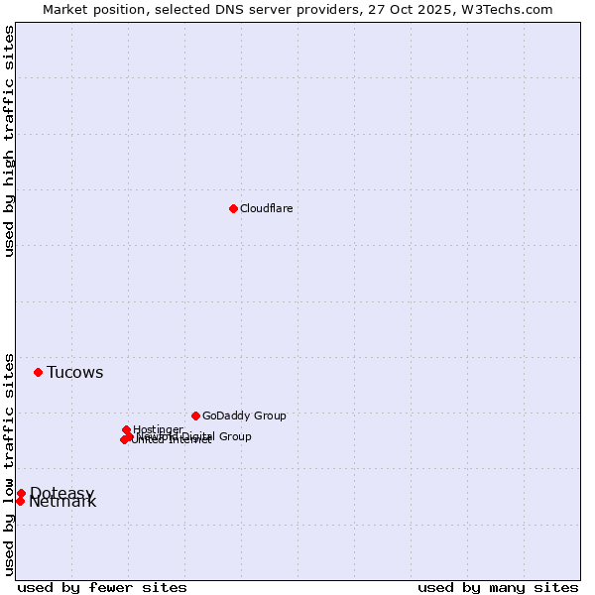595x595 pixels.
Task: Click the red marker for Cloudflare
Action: pos(233,208)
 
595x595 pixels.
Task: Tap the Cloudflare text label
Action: pos(266,208)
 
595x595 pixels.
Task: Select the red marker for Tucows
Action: pos(38,372)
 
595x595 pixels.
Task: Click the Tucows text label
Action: pos(74,373)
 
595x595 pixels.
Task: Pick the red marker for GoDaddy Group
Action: pos(195,416)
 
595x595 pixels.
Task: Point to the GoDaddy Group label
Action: pos(244,416)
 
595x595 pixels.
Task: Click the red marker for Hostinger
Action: pos(126,429)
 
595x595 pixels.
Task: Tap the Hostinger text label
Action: pos(158,429)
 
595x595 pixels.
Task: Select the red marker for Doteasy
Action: pos(21,493)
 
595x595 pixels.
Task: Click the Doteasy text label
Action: pos(61,493)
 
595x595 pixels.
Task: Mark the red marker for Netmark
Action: pos(20,501)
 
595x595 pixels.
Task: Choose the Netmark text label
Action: pos(62,502)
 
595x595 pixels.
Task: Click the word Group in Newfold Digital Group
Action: pos(235,436)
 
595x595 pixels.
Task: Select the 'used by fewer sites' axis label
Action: pos(102,587)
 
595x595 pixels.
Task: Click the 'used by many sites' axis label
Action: pos(498,587)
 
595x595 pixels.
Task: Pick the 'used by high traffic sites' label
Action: pos(10,141)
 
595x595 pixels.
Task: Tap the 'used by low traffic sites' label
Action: pos(10,463)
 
